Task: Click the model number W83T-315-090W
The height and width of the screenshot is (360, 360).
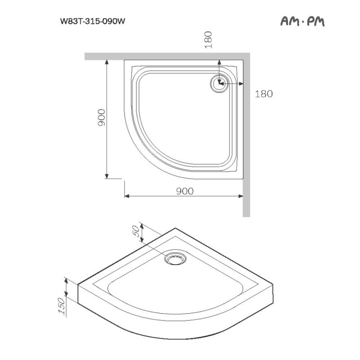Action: point(92,21)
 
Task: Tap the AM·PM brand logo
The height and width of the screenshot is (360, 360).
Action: point(302,21)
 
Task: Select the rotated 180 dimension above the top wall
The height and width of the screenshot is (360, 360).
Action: point(208,40)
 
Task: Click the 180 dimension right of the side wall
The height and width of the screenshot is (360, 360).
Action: point(264,94)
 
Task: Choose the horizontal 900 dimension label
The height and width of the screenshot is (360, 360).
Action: point(184,191)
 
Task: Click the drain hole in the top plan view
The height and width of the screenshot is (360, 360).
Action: point(220,83)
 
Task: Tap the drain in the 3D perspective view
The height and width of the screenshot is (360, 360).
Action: point(175,259)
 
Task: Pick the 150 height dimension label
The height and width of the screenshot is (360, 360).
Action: point(63,306)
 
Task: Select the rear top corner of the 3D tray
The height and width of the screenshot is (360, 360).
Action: point(175,229)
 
